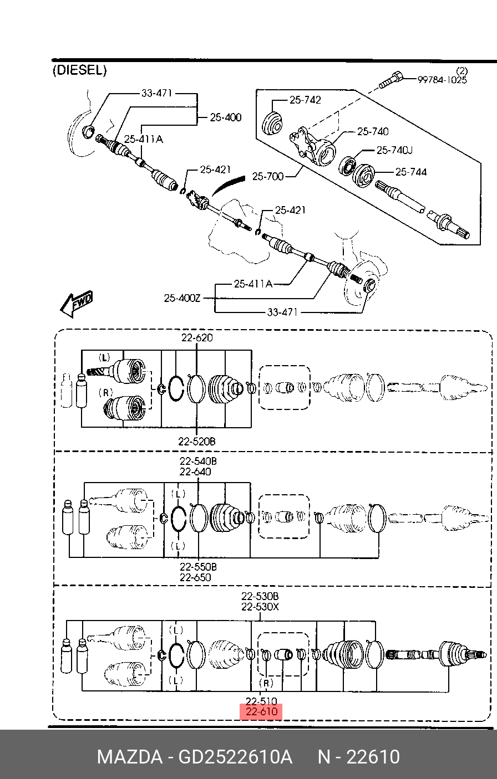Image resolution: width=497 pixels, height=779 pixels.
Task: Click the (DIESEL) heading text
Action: [x=79, y=70]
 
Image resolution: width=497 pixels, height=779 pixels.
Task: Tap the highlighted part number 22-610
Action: [x=261, y=711]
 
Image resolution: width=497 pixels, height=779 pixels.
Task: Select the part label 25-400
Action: [x=226, y=117]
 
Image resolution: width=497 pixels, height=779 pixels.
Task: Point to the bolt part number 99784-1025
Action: [x=442, y=80]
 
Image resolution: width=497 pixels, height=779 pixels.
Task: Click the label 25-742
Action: [x=305, y=100]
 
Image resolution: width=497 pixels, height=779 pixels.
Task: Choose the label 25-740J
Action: [x=394, y=150]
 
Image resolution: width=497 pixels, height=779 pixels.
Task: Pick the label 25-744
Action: [x=411, y=172]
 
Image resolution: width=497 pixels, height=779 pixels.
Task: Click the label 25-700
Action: [x=268, y=176]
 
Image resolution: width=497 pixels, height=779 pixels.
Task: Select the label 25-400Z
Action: [x=182, y=298]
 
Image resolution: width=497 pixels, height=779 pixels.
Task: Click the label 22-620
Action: [x=197, y=337]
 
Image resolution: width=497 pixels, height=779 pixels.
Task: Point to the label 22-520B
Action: [x=197, y=442]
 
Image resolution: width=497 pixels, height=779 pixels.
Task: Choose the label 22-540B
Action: [x=198, y=461]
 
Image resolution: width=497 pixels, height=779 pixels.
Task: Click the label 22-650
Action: [x=195, y=577]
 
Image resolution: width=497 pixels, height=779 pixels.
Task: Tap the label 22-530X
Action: [x=260, y=607]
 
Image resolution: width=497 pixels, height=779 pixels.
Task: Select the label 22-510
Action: [x=261, y=701]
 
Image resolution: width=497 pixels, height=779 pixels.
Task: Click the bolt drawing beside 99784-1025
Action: [x=390, y=80]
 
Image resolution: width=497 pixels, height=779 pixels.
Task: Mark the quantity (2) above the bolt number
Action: [x=461, y=71]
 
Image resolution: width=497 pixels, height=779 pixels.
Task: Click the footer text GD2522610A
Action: [x=235, y=757]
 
